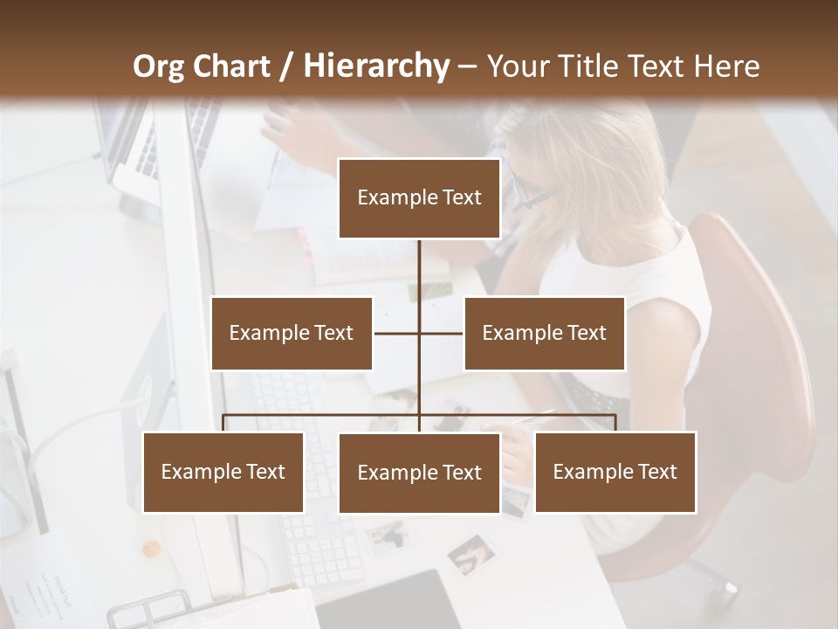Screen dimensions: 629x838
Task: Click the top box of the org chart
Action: [419, 198]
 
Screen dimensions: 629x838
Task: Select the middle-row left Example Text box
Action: [292, 333]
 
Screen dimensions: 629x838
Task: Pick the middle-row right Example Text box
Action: [544, 333]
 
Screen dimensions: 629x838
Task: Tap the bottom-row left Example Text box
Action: [223, 472]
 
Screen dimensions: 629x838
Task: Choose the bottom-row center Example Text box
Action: [419, 473]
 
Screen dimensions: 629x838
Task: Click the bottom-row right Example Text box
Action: [615, 472]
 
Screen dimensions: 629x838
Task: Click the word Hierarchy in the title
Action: [375, 66]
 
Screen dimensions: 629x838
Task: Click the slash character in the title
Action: [285, 66]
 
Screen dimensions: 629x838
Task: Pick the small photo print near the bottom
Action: [469, 554]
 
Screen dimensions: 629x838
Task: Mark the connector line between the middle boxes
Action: [419, 333]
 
